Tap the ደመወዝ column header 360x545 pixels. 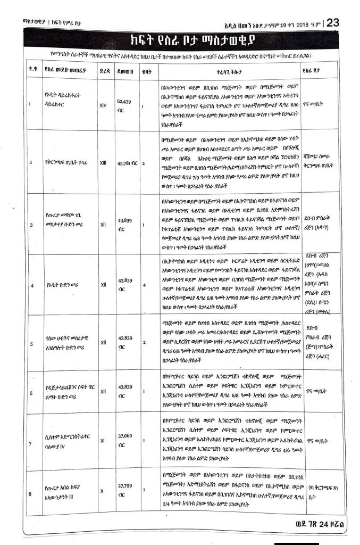click(123, 69)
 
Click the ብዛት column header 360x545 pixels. click(144, 69)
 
